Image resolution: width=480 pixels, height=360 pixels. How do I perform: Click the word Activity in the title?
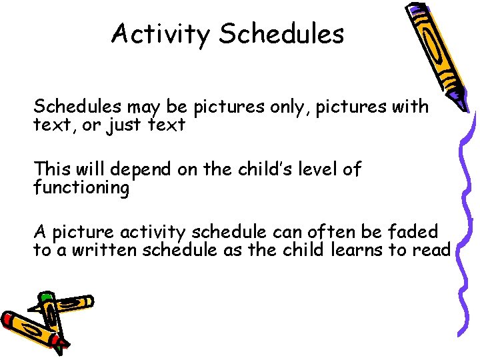161,33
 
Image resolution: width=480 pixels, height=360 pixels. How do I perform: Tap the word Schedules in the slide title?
281,33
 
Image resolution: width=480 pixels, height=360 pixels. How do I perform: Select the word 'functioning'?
81,188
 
